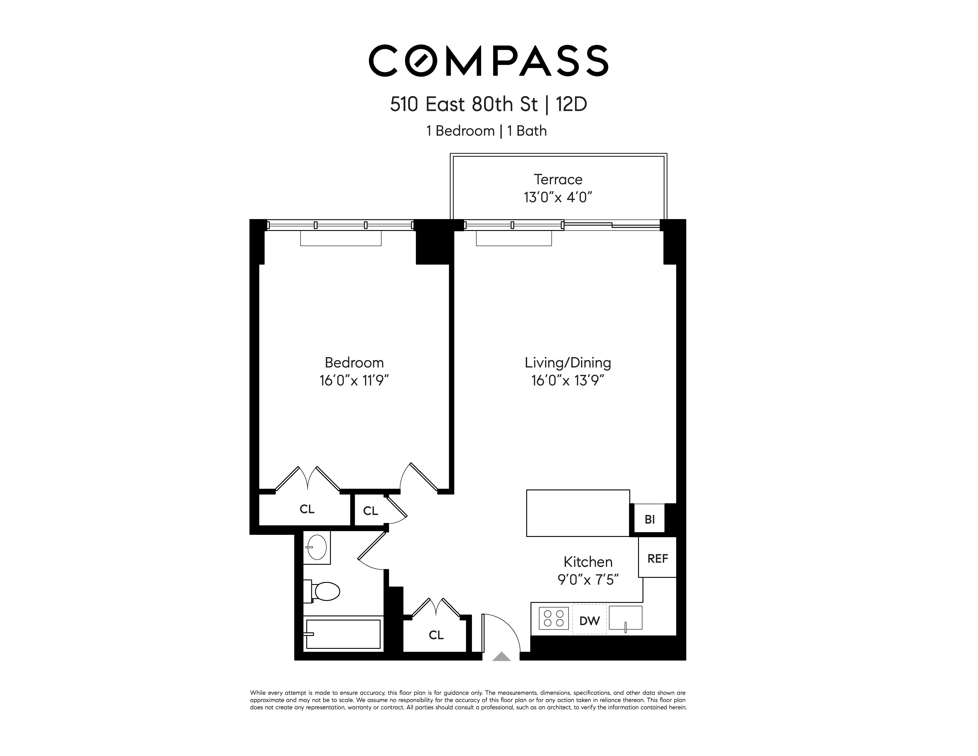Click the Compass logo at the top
[x=488, y=60]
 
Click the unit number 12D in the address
[x=571, y=104]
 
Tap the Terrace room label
[x=558, y=180]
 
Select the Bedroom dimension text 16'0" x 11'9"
[x=354, y=381]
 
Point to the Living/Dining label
[x=568, y=363]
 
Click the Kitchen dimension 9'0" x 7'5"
[x=587, y=580]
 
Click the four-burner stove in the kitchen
[x=554, y=619]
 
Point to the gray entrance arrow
[x=502, y=657]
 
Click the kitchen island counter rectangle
[x=578, y=513]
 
